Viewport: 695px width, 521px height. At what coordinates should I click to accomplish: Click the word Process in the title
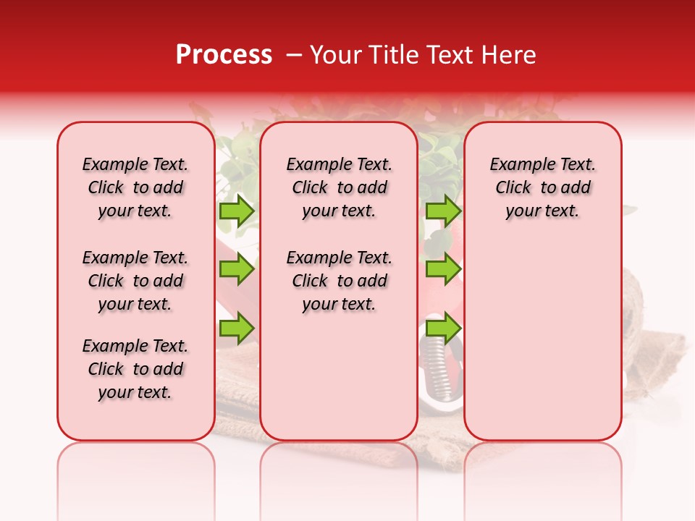[x=224, y=55]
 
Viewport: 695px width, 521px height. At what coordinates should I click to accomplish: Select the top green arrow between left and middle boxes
[x=237, y=211]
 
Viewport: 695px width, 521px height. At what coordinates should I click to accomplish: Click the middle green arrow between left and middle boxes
[x=237, y=269]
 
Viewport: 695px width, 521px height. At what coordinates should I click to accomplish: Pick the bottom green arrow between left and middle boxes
[x=237, y=328]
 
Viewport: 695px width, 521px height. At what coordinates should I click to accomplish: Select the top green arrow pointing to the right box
[x=443, y=211]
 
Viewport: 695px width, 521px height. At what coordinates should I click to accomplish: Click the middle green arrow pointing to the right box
[x=443, y=269]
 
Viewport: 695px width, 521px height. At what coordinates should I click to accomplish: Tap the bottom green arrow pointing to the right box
[x=443, y=328]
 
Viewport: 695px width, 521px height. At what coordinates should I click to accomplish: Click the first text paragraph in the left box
[x=135, y=187]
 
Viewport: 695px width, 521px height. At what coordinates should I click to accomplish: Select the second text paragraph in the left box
[x=135, y=281]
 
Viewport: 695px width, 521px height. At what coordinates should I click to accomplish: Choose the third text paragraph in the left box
[x=135, y=369]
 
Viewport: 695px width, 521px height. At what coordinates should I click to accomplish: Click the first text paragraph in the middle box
[x=339, y=187]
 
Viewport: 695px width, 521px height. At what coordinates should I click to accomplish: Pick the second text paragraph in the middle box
[x=339, y=281]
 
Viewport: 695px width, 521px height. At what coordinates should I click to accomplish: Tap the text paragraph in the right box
[x=542, y=187]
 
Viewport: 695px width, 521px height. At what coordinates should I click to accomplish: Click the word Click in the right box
[x=513, y=188]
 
